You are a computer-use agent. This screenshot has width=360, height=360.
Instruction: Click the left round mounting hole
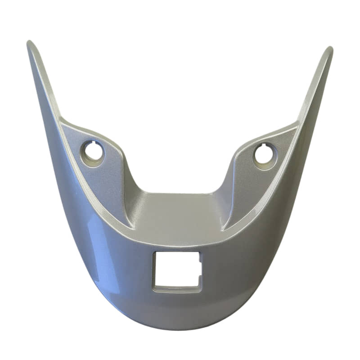(93, 152)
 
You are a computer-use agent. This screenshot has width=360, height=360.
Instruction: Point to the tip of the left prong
(30, 44)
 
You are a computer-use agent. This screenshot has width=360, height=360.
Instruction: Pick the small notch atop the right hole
(265, 145)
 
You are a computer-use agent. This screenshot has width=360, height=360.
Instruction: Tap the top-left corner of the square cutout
(155, 253)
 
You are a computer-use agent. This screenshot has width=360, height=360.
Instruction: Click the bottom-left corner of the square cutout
(154, 287)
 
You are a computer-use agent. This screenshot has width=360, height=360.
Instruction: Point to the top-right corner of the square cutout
(199, 253)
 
